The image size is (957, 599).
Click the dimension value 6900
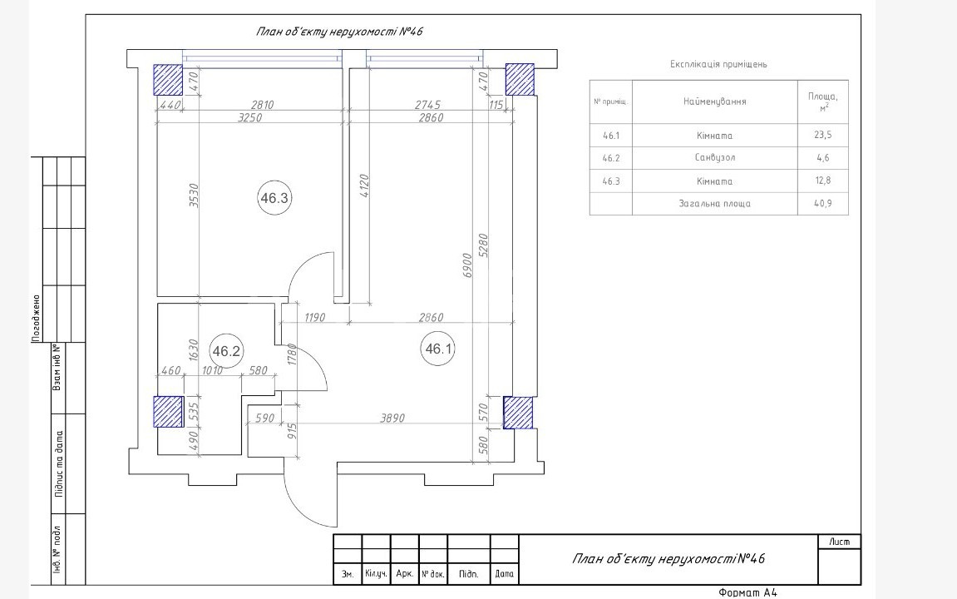[x=467, y=265]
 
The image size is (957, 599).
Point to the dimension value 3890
[x=392, y=418]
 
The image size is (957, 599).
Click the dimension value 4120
[x=364, y=186]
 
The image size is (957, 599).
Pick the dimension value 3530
[x=194, y=196]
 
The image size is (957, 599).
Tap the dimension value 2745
[x=428, y=105]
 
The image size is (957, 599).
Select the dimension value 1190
[x=314, y=318]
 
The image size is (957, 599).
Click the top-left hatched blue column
[x=168, y=80]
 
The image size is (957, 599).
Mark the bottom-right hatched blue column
[x=518, y=413]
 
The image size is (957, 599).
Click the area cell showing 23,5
[x=823, y=135]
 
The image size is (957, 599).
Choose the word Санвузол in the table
[x=715, y=157]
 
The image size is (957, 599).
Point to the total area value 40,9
[x=823, y=203]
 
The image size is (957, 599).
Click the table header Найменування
[x=715, y=101]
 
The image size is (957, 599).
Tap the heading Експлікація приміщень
[x=718, y=64]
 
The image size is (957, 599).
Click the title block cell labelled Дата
[x=504, y=574]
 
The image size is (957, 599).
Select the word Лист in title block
[x=839, y=542]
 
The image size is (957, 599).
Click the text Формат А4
[x=747, y=592]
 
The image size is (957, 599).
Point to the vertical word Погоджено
[x=36, y=318]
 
